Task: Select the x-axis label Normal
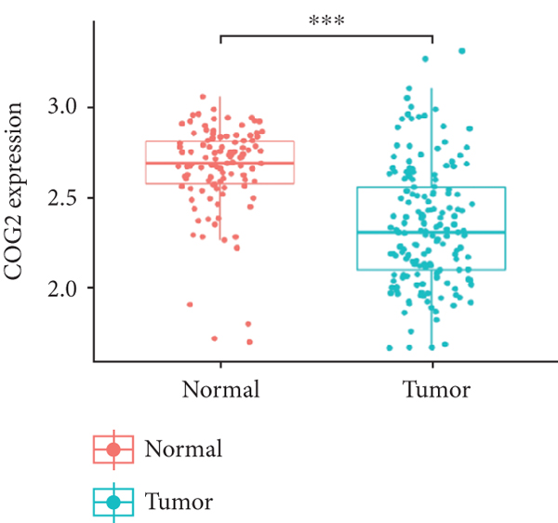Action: [221, 389]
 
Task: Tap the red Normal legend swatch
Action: [113, 449]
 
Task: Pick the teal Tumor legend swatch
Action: [113, 503]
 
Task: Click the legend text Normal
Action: [183, 450]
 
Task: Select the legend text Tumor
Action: [179, 503]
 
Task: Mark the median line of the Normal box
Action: [219, 163]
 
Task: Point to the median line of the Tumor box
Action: [432, 232]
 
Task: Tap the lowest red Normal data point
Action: [249, 342]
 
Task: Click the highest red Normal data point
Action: [204, 96]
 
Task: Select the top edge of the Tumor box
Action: [432, 187]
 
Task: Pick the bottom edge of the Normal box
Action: [219, 183]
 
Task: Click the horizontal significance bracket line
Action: [326, 35]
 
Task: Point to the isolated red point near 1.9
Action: [190, 304]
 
